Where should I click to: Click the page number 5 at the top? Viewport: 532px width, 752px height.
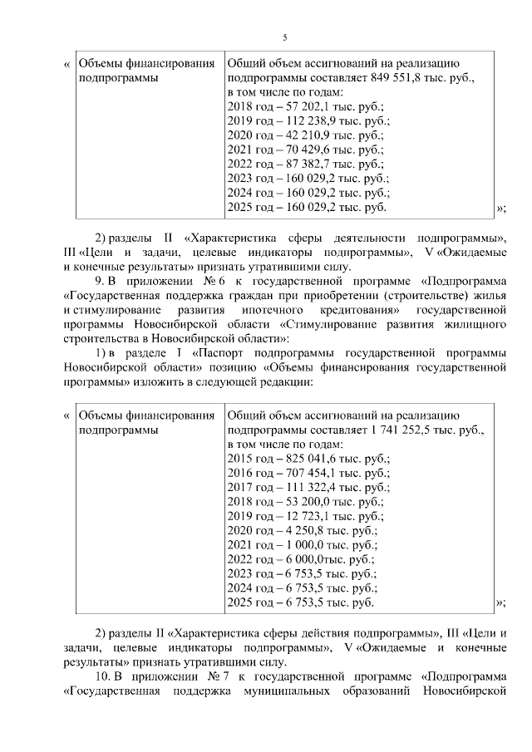284,37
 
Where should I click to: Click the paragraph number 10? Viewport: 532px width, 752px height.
103,678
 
